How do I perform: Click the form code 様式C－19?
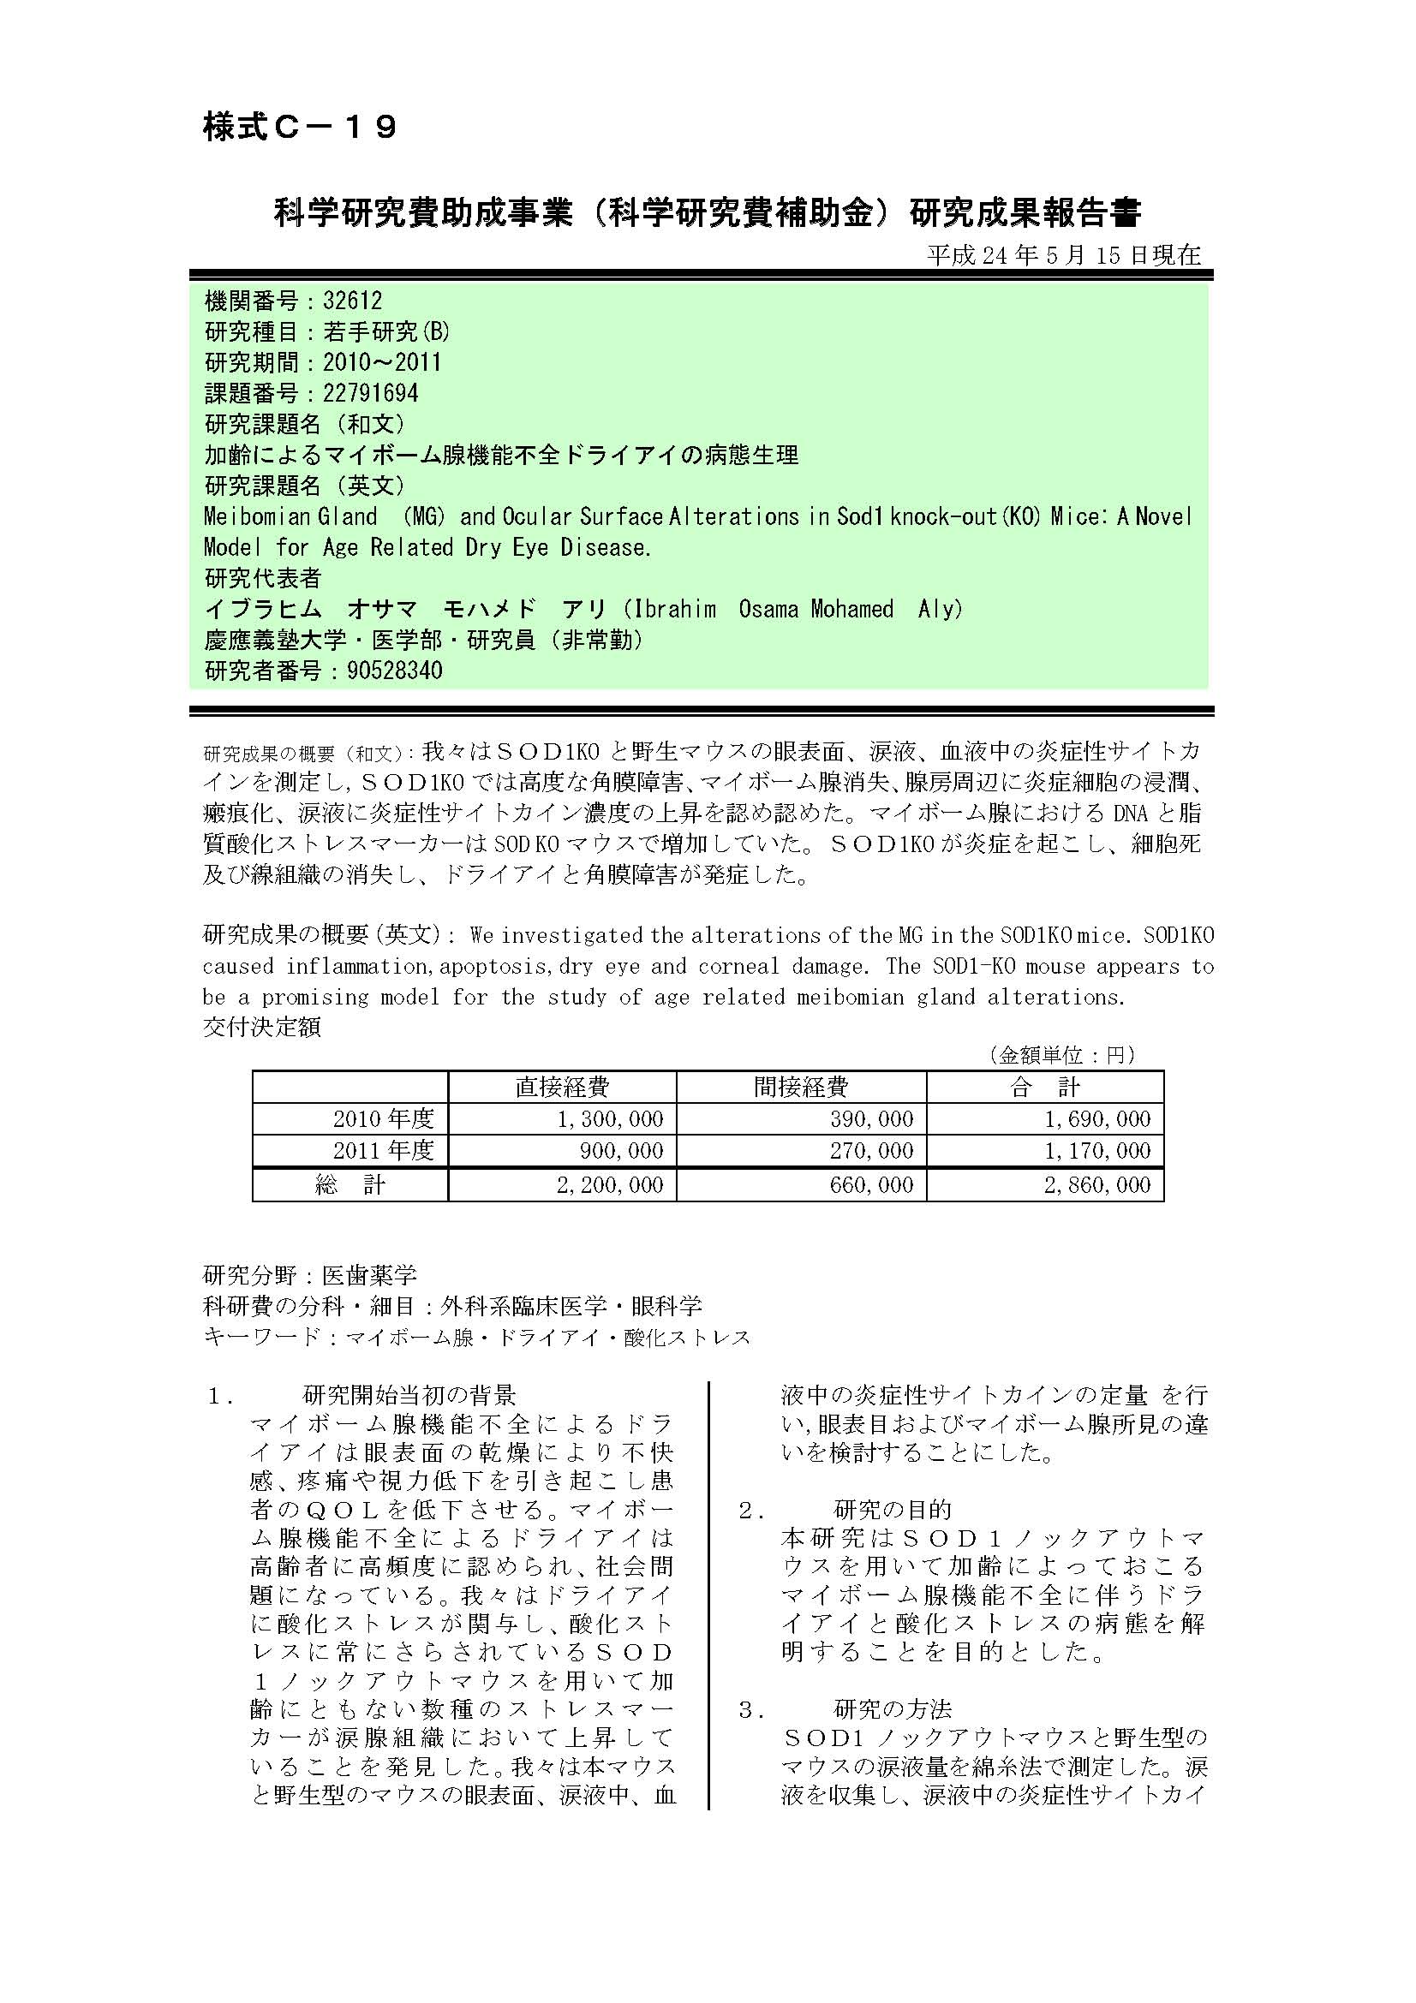point(300,128)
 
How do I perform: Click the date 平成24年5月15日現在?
point(1064,254)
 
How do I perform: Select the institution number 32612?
point(352,301)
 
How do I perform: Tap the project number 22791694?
point(371,393)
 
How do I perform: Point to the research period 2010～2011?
point(382,363)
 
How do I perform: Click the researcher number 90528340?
point(382,671)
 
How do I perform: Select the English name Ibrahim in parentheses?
point(675,609)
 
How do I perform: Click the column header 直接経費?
point(562,1087)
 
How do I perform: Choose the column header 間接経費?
point(800,1087)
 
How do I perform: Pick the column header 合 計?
point(1044,1087)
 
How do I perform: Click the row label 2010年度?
point(383,1119)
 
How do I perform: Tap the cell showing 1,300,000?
point(610,1119)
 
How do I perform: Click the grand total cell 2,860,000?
point(1096,1184)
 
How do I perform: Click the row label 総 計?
point(350,1184)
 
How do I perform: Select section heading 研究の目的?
point(893,1510)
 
